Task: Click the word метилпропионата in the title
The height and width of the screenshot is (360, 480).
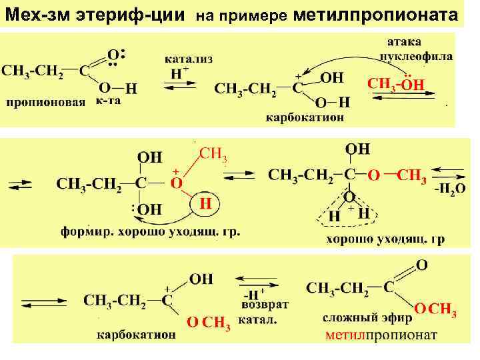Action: [x=375, y=14]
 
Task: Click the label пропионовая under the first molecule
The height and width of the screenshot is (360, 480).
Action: [x=46, y=102]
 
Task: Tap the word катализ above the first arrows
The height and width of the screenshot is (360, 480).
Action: [x=189, y=59]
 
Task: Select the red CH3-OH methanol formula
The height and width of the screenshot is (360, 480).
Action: [x=395, y=84]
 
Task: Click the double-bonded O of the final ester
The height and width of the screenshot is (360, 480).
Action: [x=421, y=265]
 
